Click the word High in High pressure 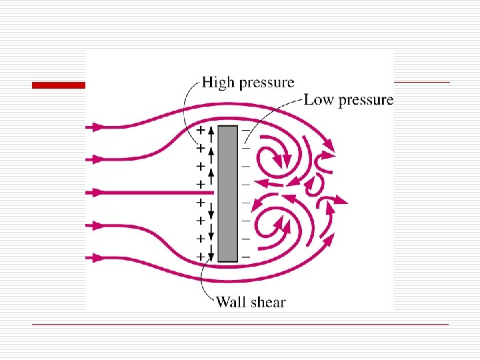[x=218, y=83]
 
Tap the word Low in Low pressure [x=319, y=100]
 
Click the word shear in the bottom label [x=267, y=302]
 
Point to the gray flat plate [x=227, y=193]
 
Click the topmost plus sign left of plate [x=199, y=130]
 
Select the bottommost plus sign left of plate [x=199, y=256]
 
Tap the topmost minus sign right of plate [x=246, y=130]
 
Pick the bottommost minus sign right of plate [x=246, y=256]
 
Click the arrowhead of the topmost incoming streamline [x=97, y=126]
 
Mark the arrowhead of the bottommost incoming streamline [x=97, y=257]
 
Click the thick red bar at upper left [x=59, y=85]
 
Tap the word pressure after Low [x=367, y=101]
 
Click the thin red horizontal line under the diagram [x=240, y=324]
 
